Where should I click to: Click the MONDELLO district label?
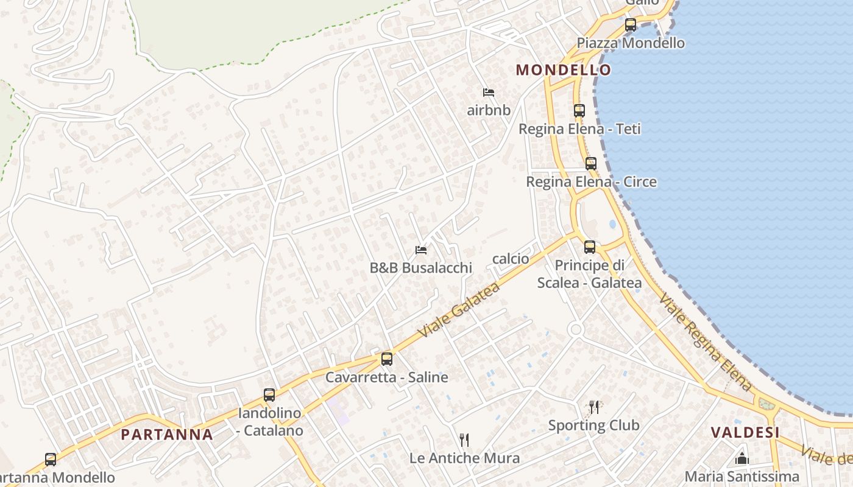tap(563, 69)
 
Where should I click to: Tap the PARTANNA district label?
tap(167, 434)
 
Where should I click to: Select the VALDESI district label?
tap(745, 432)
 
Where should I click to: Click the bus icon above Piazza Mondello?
tap(631, 25)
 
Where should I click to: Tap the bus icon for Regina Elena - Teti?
tap(579, 111)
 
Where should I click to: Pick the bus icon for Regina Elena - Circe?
tap(590, 163)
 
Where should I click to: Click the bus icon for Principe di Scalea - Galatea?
tap(589, 247)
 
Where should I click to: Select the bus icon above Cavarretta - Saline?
tap(386, 359)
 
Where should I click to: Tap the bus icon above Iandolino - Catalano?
tap(269, 394)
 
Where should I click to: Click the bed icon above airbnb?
tap(488, 93)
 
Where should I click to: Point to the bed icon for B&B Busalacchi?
tap(420, 250)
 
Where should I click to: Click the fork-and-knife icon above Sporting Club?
tap(593, 407)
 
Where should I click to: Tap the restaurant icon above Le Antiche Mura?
tap(464, 440)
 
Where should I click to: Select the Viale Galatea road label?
tap(459, 309)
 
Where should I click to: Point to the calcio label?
tap(511, 259)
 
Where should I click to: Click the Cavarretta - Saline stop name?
tap(386, 377)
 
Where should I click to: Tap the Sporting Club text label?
tap(593, 425)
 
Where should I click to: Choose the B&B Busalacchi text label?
tap(420, 268)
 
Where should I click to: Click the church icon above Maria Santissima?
tap(742, 458)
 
